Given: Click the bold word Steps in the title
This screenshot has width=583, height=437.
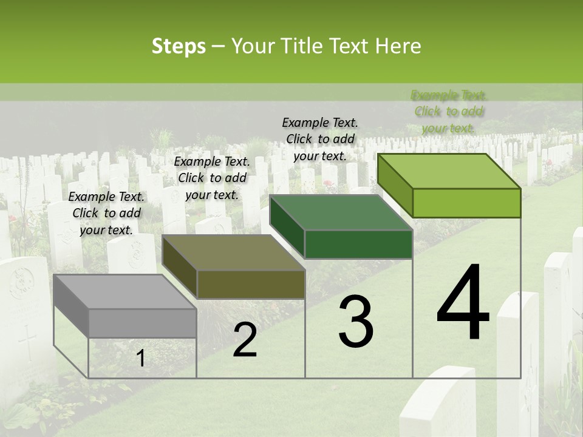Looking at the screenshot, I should pos(179,46).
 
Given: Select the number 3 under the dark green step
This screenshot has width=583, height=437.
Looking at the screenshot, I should pos(356,322).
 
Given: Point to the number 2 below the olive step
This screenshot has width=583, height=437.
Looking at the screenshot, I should pos(245,340).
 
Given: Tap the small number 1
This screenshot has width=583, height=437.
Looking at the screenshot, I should pos(140,359).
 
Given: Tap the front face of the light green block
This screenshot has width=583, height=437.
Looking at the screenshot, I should pos(466,203).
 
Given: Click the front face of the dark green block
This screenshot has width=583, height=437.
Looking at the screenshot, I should pos(358,244).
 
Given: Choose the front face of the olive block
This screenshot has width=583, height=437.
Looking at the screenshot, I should pos(251,284).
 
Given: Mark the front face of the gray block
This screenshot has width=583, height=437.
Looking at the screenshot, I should pos(143,323).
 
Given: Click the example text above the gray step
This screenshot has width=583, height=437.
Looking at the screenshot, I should pos(107,213).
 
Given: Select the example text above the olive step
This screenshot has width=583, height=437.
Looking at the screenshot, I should pos(212,178).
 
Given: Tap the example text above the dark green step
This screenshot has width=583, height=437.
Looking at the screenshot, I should pos(320,139).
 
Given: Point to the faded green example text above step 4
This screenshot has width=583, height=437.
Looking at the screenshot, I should pos(449,111).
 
